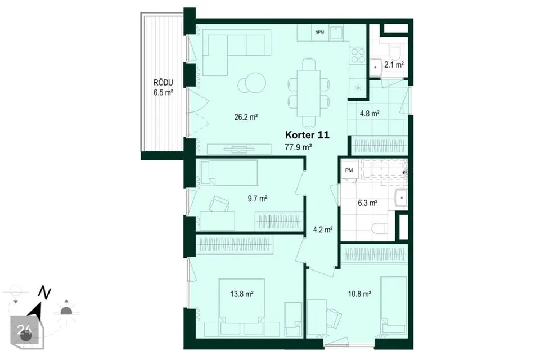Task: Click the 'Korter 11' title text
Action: click(307, 135)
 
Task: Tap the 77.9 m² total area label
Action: click(298, 147)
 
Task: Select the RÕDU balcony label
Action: click(163, 83)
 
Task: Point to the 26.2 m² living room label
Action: click(246, 117)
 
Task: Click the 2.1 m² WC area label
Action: click(394, 65)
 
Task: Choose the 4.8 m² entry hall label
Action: click(370, 113)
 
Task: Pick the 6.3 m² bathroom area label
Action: click(367, 203)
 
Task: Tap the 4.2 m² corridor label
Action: click(323, 229)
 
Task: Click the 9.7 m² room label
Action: click(258, 199)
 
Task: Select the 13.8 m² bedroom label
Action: click(242, 294)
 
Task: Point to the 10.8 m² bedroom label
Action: click(359, 294)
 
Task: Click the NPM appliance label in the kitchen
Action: click(319, 33)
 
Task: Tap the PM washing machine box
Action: click(349, 170)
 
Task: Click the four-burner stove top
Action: click(358, 56)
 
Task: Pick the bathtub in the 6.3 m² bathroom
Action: click(383, 169)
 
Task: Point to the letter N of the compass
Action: click(44, 293)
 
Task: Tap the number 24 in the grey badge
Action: click(24, 330)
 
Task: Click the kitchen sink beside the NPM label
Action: click(336, 33)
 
